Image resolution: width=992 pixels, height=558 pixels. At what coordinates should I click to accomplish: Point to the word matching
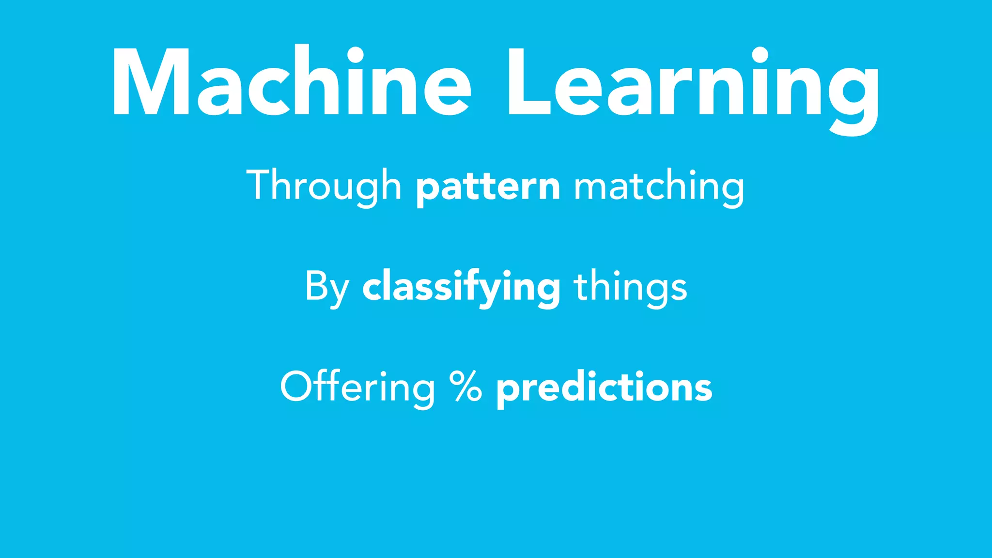point(659,187)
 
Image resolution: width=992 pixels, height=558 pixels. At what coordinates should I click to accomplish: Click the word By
point(326,287)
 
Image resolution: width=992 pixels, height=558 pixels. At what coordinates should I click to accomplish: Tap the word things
point(630,287)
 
